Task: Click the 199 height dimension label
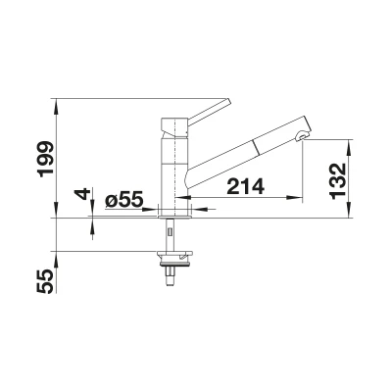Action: [x=45, y=159]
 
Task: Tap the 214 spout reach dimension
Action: [x=245, y=186]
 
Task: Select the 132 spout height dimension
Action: [x=337, y=180]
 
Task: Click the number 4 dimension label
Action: [x=82, y=194]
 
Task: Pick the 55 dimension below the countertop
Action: [x=45, y=281]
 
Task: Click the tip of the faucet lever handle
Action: [x=229, y=101]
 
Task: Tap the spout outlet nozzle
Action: [x=302, y=136]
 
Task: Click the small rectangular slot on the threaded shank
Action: [x=170, y=232]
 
